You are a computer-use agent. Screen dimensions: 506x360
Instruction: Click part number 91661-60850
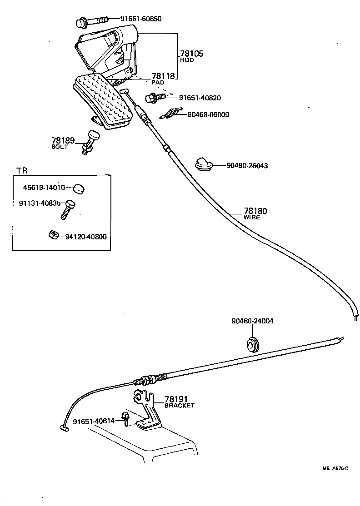point(141,19)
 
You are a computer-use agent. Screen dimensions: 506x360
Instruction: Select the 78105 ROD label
point(191,56)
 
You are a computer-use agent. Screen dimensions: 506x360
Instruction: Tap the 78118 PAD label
point(163,79)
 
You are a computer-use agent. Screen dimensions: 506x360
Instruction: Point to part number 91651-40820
point(200,98)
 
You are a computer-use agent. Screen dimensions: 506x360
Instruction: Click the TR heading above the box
point(22,170)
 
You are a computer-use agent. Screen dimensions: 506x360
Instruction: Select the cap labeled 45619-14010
point(80,188)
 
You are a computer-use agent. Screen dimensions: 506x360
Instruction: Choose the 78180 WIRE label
point(255,213)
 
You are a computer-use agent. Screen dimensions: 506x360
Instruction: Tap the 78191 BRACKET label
point(179,402)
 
